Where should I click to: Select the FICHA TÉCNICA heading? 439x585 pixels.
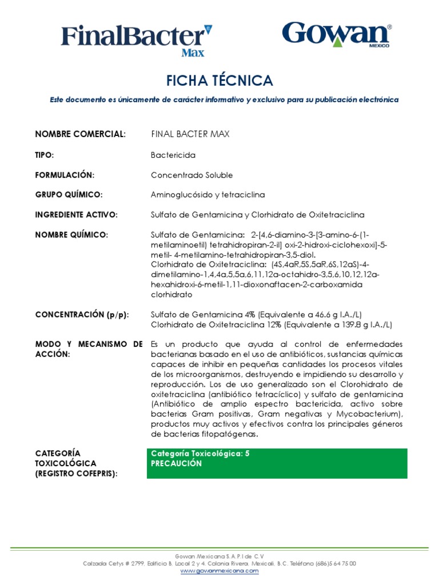pyautogui.click(x=219, y=81)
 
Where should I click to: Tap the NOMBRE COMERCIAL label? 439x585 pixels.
pyautogui.click(x=80, y=134)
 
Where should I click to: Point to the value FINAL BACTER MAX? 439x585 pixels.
pyautogui.click(x=190, y=134)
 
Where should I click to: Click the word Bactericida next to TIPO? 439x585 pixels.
pyautogui.click(x=173, y=155)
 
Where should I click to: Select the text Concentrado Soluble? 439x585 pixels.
pyautogui.click(x=191, y=175)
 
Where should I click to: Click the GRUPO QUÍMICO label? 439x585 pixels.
pyautogui.click(x=69, y=195)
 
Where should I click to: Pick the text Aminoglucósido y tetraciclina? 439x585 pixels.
pyautogui.click(x=207, y=195)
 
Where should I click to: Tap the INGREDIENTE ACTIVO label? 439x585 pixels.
pyautogui.click(x=76, y=215)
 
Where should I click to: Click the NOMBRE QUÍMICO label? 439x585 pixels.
pyautogui.click(x=71, y=235)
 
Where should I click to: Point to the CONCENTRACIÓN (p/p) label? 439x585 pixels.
pyautogui.click(x=82, y=315)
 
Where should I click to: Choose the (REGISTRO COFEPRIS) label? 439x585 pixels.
pyautogui.click(x=77, y=474)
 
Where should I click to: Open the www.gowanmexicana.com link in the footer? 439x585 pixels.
pyautogui.click(x=219, y=570)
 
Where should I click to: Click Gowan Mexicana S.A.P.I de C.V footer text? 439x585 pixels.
pyautogui.click(x=219, y=556)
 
